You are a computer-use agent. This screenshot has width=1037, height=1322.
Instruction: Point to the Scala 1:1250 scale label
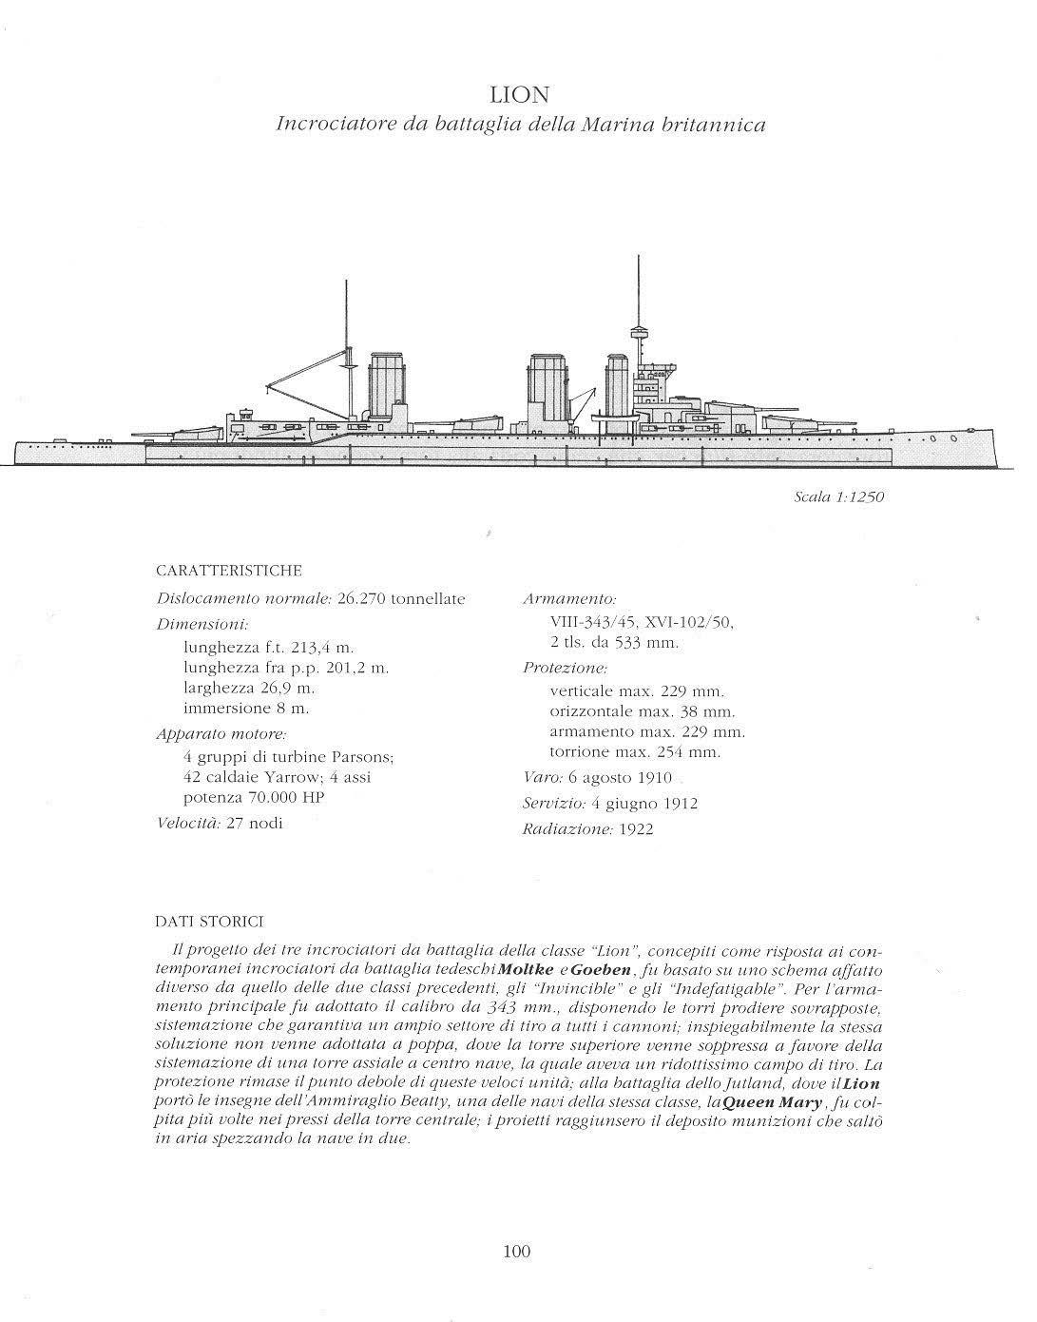tap(839, 497)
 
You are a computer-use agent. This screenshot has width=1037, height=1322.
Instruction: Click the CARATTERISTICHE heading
tap(229, 571)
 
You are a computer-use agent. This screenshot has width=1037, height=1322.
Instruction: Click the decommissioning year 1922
tap(635, 829)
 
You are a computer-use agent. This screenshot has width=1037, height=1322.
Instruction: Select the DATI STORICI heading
tap(209, 922)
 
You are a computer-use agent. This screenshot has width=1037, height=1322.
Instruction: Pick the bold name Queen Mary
tap(775, 1104)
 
